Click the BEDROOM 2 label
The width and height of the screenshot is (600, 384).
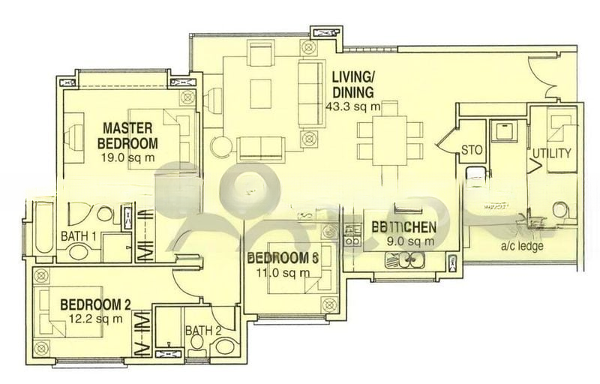[x=95, y=304]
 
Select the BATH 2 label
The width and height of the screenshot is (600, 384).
[x=199, y=330]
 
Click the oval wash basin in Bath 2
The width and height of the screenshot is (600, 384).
[x=223, y=346]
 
